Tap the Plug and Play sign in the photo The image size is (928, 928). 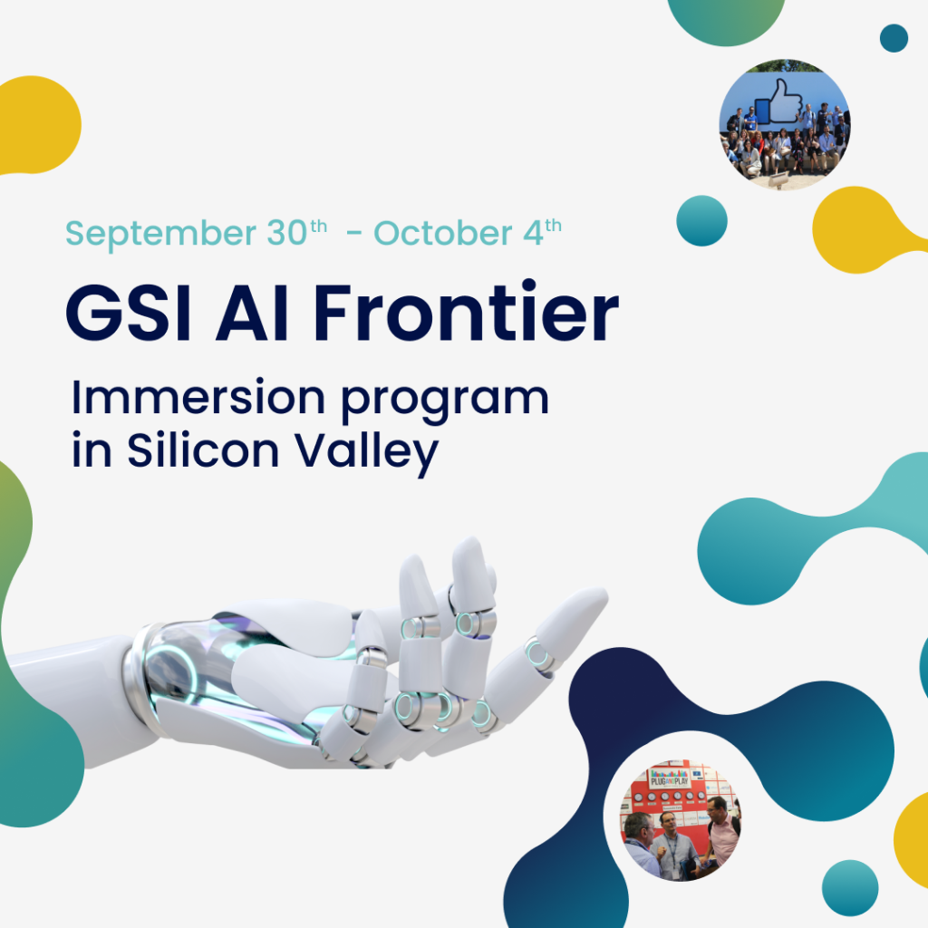tap(669, 778)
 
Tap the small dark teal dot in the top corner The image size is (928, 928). tap(894, 38)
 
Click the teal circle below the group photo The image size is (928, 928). tap(701, 220)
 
